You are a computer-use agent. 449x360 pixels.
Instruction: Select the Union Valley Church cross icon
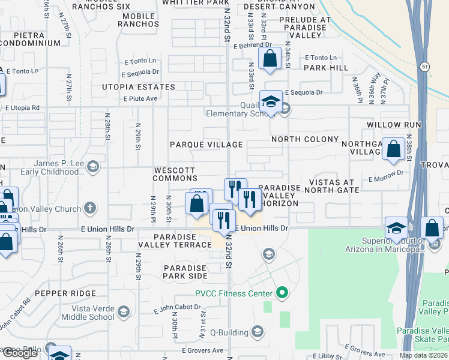tap(90, 208)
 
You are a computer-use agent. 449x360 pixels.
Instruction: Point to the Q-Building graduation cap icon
tap(258, 332)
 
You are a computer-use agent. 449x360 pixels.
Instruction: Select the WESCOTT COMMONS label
tap(175, 174)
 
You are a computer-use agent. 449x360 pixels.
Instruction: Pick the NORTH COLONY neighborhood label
tap(305, 139)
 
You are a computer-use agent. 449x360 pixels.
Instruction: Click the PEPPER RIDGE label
tap(65, 293)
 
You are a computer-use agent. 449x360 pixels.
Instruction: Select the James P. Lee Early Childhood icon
tap(92, 166)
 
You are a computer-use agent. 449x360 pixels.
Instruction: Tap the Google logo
tap(20, 353)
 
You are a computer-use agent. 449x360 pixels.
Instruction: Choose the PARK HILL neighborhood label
tap(325, 68)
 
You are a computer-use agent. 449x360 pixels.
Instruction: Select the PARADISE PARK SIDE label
tap(185, 272)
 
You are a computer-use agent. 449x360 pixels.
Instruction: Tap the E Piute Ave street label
tap(140, 98)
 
